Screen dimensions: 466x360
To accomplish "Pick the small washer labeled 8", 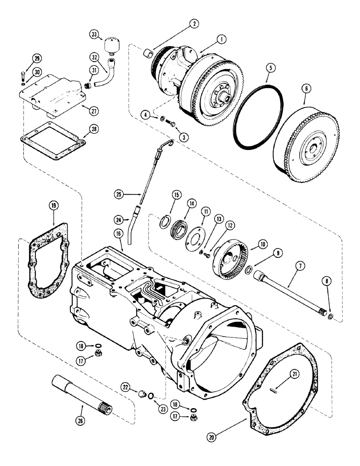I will pos(330,317).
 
